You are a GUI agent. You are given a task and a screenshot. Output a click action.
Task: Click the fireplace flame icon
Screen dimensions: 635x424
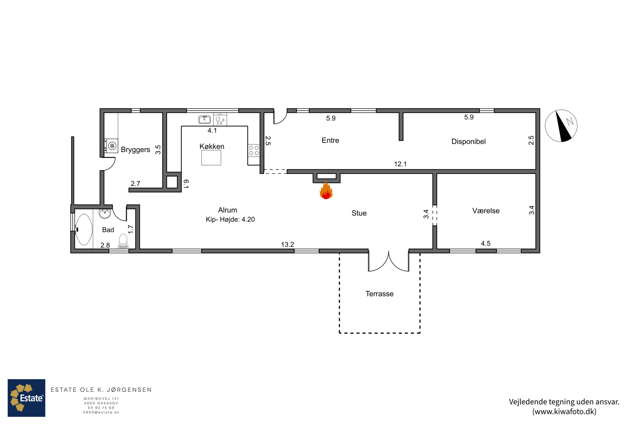(x=326, y=190)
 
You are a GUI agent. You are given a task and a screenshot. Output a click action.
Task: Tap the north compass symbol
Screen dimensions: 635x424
(x=561, y=126)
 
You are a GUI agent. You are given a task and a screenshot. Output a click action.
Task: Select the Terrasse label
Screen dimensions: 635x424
(x=379, y=294)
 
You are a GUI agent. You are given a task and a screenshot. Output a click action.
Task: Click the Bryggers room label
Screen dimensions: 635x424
(x=135, y=149)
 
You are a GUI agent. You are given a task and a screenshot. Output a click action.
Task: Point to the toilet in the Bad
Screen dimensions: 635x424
(x=123, y=241)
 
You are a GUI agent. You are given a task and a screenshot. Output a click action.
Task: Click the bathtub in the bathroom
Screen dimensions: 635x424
(x=84, y=230)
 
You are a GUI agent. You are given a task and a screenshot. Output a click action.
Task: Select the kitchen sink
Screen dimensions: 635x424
(x=204, y=119)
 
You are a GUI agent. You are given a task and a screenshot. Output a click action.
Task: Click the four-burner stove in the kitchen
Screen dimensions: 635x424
(x=254, y=151)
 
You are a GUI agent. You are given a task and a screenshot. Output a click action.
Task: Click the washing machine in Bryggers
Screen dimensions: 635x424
(x=111, y=146)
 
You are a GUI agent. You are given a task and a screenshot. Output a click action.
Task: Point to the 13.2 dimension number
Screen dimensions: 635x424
(x=287, y=244)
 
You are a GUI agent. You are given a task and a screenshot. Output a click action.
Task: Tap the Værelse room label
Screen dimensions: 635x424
(x=486, y=211)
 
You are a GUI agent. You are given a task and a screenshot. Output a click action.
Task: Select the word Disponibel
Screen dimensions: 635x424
(x=468, y=141)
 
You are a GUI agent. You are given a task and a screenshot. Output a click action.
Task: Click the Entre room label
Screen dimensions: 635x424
(x=330, y=140)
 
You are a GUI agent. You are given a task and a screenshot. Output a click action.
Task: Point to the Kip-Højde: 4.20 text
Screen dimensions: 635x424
(x=230, y=219)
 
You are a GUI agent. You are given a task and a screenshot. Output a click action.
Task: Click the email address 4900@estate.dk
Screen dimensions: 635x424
(x=101, y=412)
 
